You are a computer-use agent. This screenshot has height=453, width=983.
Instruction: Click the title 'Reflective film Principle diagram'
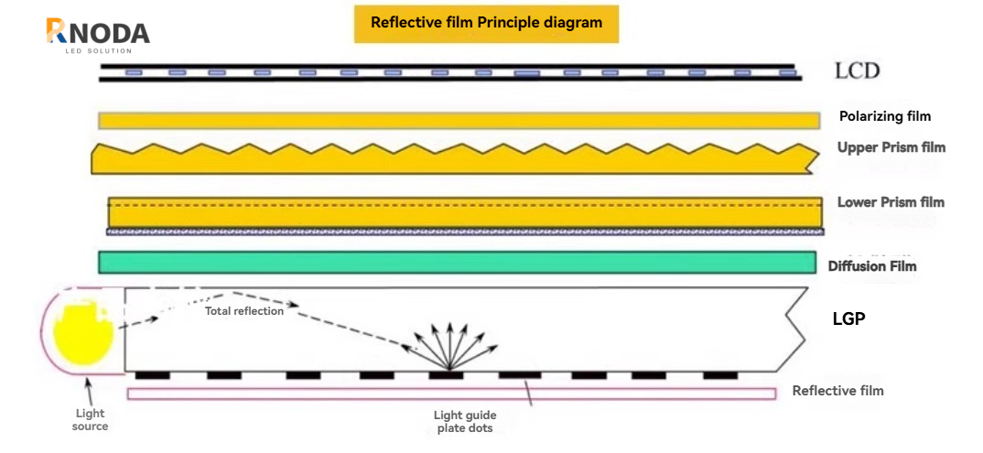(x=486, y=23)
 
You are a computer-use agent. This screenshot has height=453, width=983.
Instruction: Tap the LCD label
(x=857, y=70)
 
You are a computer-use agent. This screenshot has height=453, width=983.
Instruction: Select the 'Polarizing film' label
(x=884, y=116)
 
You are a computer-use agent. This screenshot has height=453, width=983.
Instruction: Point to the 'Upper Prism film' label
(x=891, y=147)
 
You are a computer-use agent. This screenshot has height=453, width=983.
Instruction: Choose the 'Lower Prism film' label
(x=891, y=202)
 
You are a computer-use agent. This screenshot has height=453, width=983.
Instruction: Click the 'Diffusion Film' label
(x=871, y=266)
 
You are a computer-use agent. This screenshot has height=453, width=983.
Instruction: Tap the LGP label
(x=848, y=319)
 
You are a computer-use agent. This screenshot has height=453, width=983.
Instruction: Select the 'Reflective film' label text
(x=837, y=391)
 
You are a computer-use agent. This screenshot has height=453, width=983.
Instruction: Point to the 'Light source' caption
(x=91, y=420)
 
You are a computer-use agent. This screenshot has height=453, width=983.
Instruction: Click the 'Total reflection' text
(x=243, y=311)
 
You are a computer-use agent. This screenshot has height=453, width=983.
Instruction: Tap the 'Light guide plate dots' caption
(x=467, y=421)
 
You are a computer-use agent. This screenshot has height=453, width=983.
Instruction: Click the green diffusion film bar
(x=457, y=262)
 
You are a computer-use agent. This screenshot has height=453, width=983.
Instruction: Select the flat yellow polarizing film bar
(x=459, y=121)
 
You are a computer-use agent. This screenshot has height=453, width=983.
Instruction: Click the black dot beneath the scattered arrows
(x=445, y=374)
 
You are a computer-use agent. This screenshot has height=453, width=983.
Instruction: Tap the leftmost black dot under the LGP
(x=151, y=374)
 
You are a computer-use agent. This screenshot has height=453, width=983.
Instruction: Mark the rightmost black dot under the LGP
(x=719, y=374)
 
